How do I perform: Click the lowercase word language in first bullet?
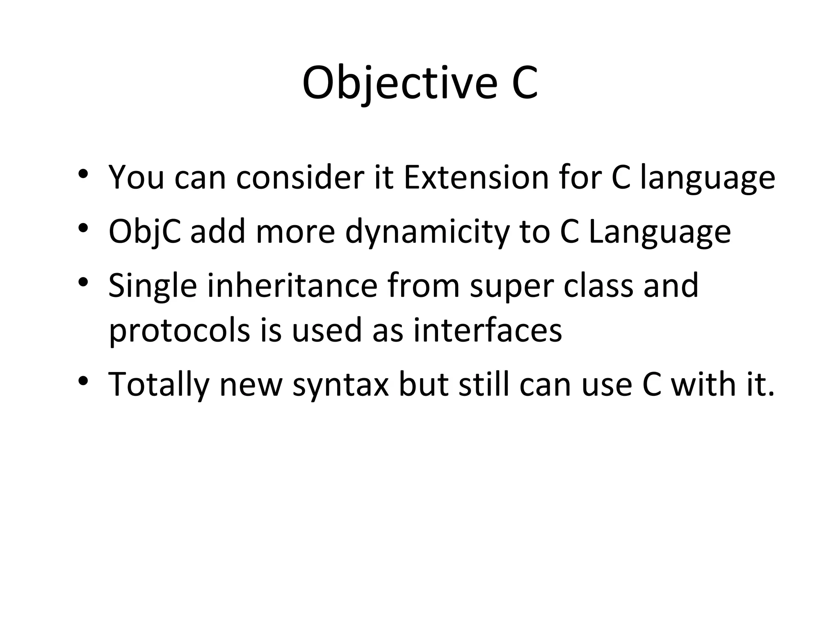tap(707, 178)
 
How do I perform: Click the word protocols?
tap(179, 331)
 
